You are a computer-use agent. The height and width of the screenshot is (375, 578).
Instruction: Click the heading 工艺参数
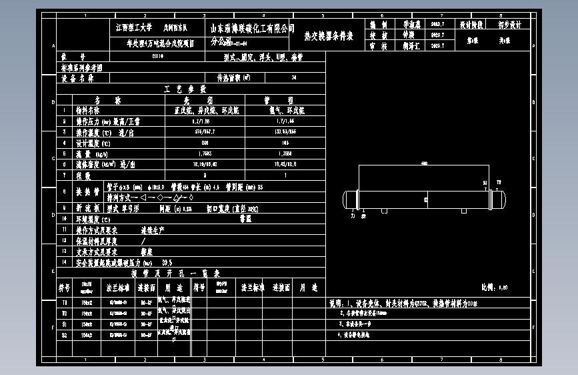[192, 89]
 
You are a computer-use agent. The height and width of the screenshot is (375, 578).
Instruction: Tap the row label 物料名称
[87, 110]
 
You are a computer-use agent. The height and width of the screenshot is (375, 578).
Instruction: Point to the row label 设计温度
[87, 143]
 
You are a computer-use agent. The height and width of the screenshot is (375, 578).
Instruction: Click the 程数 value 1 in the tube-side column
[285, 175]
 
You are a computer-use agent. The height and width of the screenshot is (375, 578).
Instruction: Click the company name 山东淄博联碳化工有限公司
[253, 28]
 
